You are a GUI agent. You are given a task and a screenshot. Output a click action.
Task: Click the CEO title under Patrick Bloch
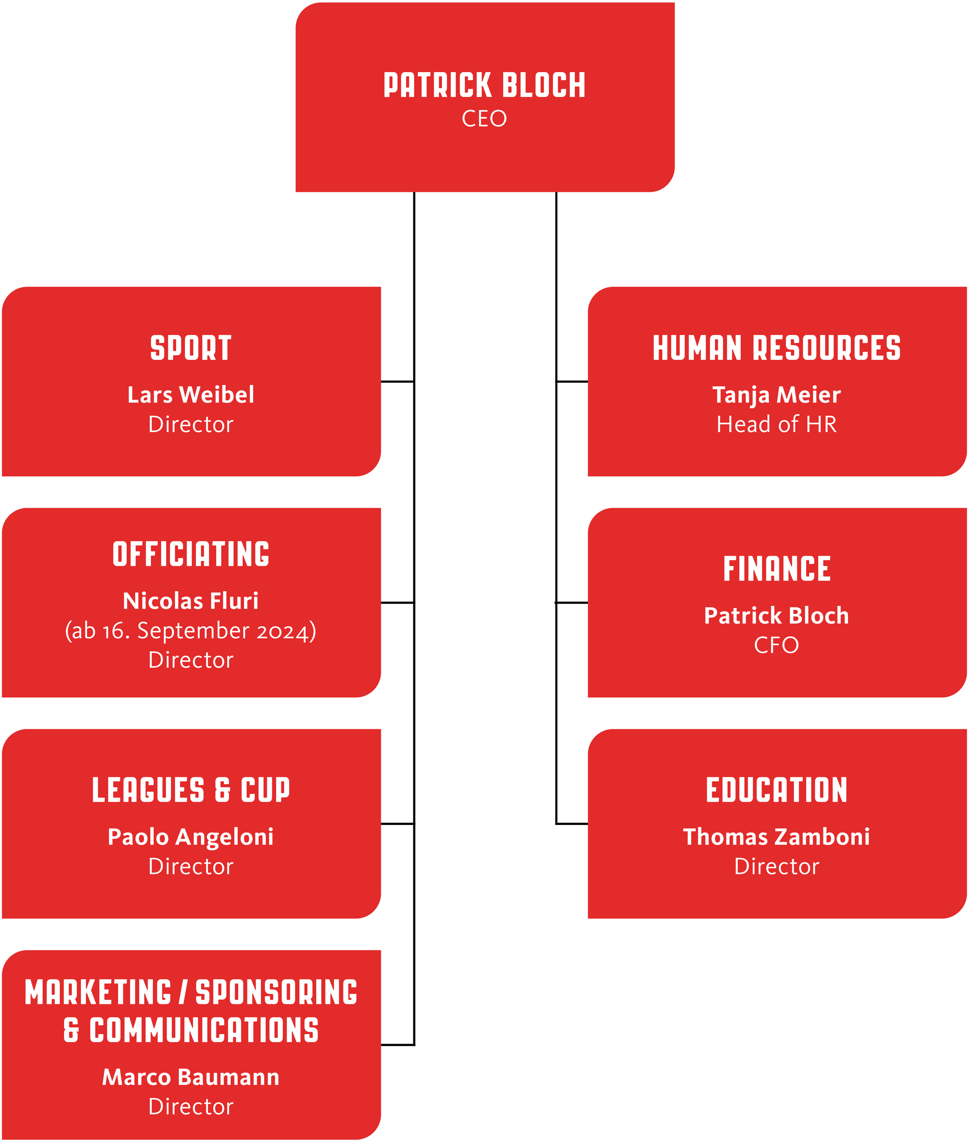(484, 118)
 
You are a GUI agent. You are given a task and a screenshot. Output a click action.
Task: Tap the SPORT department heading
(191, 348)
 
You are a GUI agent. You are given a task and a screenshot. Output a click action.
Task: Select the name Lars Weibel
(191, 395)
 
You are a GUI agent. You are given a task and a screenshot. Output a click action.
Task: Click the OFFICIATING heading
(191, 554)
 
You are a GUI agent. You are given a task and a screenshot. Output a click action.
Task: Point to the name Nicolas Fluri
(191, 601)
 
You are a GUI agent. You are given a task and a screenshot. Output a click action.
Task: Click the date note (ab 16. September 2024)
(191, 631)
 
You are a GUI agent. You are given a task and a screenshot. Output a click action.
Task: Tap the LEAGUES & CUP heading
(191, 789)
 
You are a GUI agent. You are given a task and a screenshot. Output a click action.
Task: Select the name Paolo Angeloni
(191, 837)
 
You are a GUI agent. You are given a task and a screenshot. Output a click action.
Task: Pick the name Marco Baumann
(191, 1077)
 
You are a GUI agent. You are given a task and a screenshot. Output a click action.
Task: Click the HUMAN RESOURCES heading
(776, 348)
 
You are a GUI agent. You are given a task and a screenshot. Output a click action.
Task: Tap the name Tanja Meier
(776, 395)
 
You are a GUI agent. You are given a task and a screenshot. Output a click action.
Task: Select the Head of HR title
(776, 424)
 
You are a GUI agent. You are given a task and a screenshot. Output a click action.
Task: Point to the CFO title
(776, 645)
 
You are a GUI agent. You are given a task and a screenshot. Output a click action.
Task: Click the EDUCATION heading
(776, 789)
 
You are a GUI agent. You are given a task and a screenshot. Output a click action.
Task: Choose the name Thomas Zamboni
(776, 837)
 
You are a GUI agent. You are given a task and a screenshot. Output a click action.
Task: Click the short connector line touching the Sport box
(398, 382)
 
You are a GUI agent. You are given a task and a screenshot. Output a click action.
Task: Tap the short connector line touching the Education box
(572, 824)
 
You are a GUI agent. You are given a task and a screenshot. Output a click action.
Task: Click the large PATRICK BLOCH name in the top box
(485, 85)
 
